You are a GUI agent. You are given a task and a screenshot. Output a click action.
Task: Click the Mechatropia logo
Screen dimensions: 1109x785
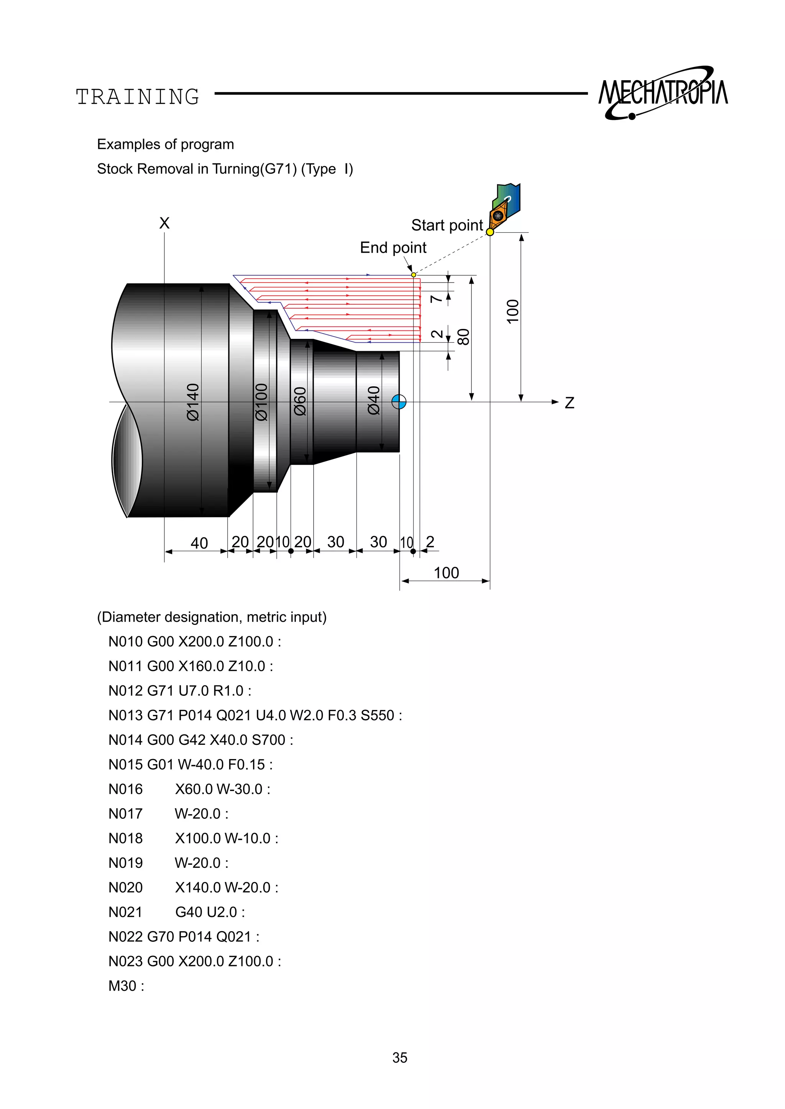(663, 93)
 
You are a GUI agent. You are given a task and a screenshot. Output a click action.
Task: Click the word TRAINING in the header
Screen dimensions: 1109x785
(138, 97)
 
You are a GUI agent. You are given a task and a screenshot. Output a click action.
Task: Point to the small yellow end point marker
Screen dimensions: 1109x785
(414, 274)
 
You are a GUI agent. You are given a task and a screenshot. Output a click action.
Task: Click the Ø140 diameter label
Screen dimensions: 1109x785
(192, 402)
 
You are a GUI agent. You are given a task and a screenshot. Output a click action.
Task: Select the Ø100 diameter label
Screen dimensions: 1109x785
(261, 402)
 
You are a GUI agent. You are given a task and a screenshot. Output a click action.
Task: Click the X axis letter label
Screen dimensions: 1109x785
(164, 223)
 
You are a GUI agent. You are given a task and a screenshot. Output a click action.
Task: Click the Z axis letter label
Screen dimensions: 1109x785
(570, 403)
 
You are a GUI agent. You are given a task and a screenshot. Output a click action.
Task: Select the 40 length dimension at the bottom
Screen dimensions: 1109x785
(199, 543)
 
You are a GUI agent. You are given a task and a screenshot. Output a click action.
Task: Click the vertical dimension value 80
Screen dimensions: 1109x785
(463, 337)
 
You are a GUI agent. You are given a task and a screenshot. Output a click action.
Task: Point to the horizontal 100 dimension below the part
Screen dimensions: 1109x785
(446, 573)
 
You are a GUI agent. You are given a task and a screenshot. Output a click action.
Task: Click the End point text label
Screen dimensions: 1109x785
(393, 248)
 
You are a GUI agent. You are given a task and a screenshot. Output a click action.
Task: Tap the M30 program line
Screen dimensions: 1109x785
(126, 985)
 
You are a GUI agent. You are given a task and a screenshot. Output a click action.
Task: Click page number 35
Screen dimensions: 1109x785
(400, 1057)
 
